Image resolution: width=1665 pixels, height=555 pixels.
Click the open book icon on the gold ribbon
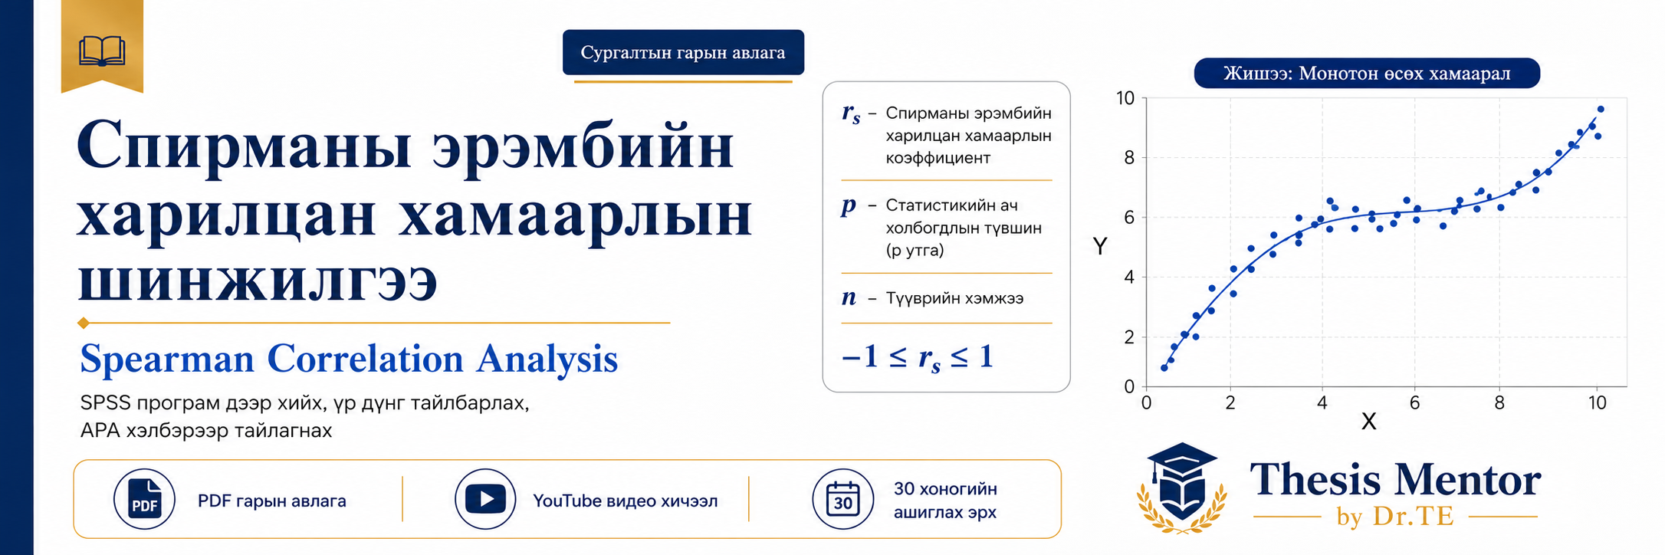(102, 51)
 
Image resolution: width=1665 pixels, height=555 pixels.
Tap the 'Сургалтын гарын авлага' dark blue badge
(683, 53)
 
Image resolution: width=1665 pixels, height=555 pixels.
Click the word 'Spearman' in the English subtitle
(167, 359)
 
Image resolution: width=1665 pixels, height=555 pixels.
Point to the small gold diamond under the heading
(84, 323)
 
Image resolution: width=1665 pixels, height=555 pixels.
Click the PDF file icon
(144, 499)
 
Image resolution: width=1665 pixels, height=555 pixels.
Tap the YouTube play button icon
(485, 499)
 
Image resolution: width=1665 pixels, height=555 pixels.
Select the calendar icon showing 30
(843, 499)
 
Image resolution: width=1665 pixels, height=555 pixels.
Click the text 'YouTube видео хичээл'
(626, 501)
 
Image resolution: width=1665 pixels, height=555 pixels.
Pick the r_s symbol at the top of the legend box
(851, 113)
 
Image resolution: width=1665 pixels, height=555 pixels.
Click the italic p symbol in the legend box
(849, 205)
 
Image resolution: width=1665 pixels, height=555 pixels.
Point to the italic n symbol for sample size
(849, 298)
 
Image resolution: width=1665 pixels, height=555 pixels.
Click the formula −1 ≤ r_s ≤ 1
(918, 357)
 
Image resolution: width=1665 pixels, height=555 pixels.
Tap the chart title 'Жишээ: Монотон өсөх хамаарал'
(1367, 74)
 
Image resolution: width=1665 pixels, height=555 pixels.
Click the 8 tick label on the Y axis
(1128, 158)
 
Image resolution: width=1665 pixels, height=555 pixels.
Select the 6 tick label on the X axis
(1415, 403)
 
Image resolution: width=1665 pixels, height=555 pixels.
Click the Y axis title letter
(1100, 246)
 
